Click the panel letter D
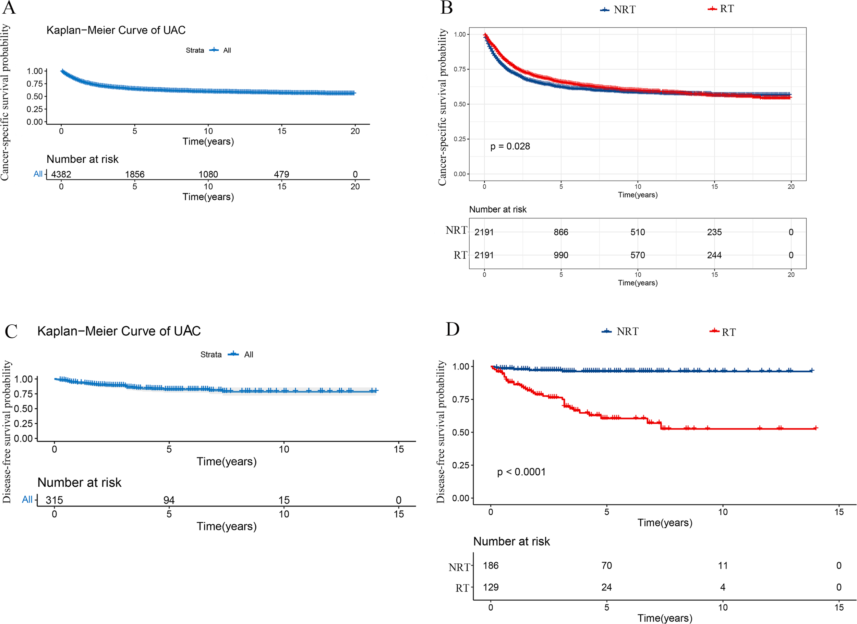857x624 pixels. [452, 329]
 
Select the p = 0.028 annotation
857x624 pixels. [510, 146]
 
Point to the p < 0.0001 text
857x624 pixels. [521, 472]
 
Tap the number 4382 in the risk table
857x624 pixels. [61, 174]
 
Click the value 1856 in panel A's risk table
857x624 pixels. [135, 174]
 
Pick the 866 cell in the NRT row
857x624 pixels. [561, 232]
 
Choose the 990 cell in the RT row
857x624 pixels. [561, 255]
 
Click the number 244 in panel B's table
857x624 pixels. [714, 255]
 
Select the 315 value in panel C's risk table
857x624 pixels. [55, 500]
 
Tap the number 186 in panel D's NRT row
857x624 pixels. [491, 565]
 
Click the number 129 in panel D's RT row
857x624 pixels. [491, 587]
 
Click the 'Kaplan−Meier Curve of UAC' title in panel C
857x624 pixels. [119, 331]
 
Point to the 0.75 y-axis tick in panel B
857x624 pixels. [460, 69]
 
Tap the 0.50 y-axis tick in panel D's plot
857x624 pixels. [460, 432]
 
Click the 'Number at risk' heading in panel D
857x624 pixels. [511, 541]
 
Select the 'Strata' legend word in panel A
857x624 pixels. [195, 50]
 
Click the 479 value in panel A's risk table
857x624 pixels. [282, 174]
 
